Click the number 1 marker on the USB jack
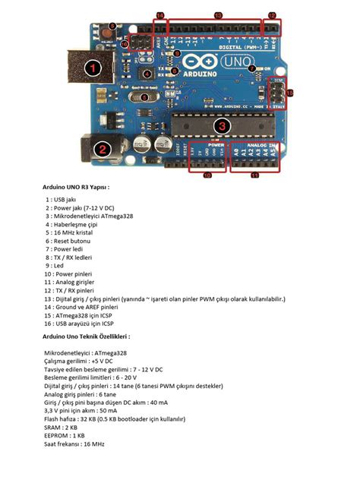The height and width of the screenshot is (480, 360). pos(93,68)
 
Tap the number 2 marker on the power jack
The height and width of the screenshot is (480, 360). pos(102,149)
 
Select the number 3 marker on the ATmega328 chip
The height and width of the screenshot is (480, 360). pos(221,126)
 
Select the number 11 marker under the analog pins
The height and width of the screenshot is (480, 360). pos(255,175)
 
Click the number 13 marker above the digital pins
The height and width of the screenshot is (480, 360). pos(217,15)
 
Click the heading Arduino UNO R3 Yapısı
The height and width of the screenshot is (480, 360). pos(76,185)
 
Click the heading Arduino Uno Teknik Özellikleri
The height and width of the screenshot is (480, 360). pos(86,336)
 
